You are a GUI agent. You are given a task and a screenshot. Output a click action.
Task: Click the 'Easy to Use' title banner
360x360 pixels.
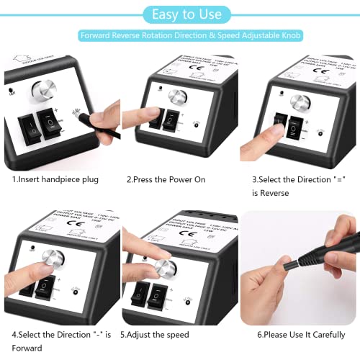click(180, 13)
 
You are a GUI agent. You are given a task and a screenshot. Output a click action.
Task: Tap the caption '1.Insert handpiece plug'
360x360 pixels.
click(56, 179)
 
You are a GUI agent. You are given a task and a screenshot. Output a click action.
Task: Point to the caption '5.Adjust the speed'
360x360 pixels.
click(154, 335)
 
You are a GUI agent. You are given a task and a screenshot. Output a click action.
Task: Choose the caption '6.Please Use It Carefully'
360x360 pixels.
click(295, 335)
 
